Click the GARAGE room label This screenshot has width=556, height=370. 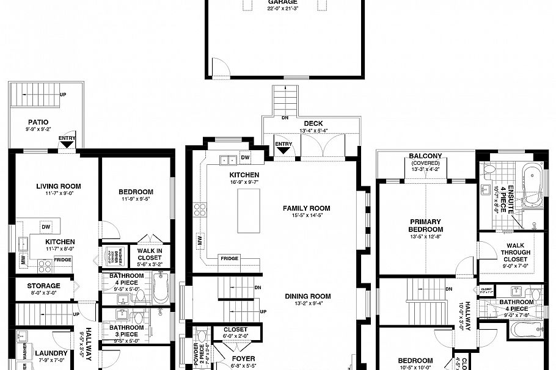tap(282, 2)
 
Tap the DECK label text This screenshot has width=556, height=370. tap(313, 124)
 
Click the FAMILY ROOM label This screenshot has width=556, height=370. tap(306, 208)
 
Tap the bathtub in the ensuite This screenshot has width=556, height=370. tap(532, 185)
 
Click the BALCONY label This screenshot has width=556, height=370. tap(426, 156)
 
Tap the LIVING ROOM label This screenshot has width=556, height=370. tap(58, 186)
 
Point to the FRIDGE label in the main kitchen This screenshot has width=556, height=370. tap(229, 258)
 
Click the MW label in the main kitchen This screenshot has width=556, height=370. tap(200, 241)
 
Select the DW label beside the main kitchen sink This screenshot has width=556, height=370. tap(245, 158)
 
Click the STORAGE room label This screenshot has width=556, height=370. tap(43, 285)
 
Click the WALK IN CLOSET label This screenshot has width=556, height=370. tap(149, 254)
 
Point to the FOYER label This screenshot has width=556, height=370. tap(243, 358)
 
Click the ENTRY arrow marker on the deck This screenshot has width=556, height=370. tap(283, 147)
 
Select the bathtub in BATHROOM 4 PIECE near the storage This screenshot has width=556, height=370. tap(161, 289)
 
